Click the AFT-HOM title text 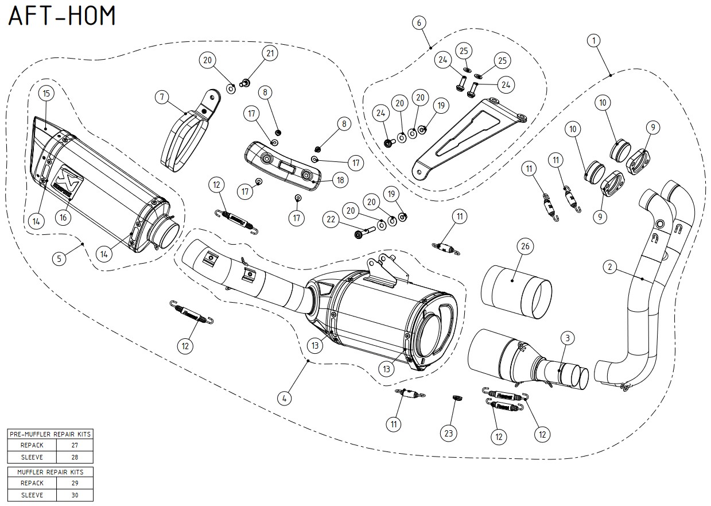62,16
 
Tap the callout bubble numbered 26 524,246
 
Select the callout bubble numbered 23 449,432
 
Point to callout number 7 162,98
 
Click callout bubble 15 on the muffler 46,92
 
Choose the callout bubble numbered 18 340,180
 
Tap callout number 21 270,53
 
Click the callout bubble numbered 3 566,338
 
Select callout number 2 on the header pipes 611,266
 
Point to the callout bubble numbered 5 59,258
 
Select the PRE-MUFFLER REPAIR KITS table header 50,434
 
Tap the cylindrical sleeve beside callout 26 515,292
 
